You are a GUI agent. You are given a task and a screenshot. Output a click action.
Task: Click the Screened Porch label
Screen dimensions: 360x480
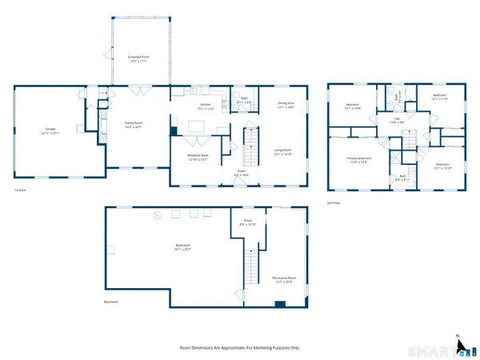click(139, 58)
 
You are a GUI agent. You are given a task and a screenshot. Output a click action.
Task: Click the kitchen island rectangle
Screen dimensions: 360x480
click(196, 125)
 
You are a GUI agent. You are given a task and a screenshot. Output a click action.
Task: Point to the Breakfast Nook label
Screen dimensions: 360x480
click(198, 157)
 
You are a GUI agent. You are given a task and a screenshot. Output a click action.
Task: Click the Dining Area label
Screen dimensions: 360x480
click(286, 104)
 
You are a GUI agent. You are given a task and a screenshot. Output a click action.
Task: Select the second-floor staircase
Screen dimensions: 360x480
click(409, 139)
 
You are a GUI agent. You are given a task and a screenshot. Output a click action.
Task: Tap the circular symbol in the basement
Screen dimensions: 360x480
click(158, 214)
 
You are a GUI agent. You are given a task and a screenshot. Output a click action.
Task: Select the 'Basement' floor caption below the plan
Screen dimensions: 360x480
click(111, 302)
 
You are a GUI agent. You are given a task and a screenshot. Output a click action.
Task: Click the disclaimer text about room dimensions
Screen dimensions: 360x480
click(239, 348)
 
